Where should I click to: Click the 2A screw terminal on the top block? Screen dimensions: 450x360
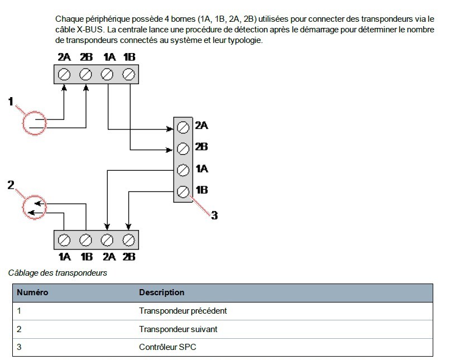tap(64, 75)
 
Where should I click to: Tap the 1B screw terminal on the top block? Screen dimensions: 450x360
tap(128, 75)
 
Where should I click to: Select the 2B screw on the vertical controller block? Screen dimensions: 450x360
tap(183, 149)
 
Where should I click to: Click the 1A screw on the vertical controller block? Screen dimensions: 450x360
tap(183, 170)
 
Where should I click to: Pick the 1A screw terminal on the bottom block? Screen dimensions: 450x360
tap(64, 240)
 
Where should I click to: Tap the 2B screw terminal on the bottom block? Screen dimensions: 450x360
tap(128, 240)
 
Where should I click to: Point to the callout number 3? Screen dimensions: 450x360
tap(214, 215)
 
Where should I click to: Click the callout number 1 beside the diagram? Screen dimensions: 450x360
tap(11, 101)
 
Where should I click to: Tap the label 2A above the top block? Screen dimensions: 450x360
tap(64, 57)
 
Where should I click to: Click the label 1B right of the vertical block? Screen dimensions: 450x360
tap(202, 190)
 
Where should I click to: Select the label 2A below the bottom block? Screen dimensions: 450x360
tap(109, 256)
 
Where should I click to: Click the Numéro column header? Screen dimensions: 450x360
tap(32, 292)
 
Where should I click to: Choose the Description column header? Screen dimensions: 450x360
tap(161, 292)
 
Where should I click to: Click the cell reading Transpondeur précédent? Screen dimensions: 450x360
tap(183, 311)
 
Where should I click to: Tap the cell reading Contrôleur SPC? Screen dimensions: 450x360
tap(167, 347)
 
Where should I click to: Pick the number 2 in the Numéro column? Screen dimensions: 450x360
tap(19, 329)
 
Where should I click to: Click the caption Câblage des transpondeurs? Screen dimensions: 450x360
tap(58, 273)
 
